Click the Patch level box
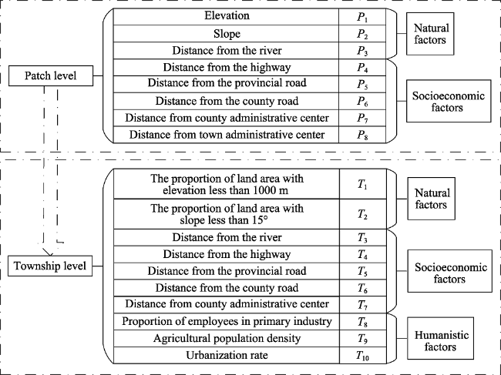tap(51, 75)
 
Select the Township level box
tap(50, 266)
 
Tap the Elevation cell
tap(226, 17)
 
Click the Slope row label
tap(226, 34)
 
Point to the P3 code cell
tap(362, 50)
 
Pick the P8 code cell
tap(362, 135)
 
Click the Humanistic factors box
tap(440, 338)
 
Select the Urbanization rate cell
tap(227, 355)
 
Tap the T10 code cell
tap(363, 355)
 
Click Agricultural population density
tap(227, 338)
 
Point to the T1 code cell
tap(363, 184)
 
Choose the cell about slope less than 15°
tap(227, 214)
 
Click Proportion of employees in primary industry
tap(227, 321)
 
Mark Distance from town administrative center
tap(226, 135)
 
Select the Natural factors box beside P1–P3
tap(430, 34)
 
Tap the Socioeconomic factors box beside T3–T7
tap(450, 271)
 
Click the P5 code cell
tap(362, 84)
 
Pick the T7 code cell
tap(363, 305)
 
